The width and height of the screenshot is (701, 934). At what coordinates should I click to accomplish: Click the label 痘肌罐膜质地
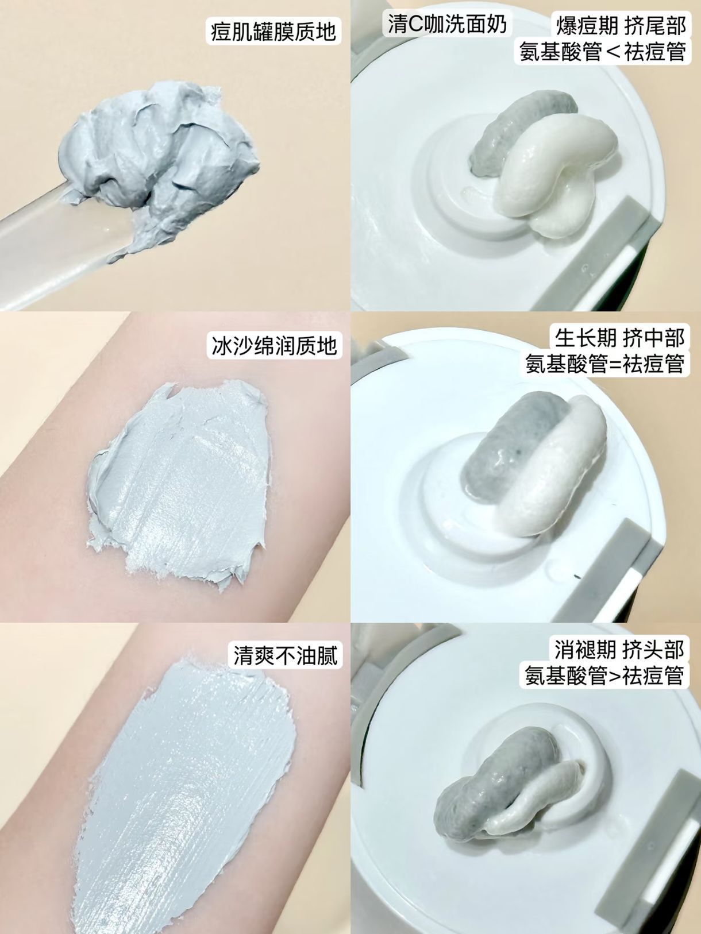(x=274, y=30)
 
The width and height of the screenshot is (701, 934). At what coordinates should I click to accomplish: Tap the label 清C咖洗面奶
(x=448, y=24)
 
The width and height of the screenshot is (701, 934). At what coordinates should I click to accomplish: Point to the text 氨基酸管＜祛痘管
(x=603, y=52)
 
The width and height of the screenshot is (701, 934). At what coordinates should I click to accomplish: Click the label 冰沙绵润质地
(x=274, y=346)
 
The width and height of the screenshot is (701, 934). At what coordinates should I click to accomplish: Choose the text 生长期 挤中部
(x=619, y=338)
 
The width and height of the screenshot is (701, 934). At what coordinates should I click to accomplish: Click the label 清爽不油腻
(x=286, y=655)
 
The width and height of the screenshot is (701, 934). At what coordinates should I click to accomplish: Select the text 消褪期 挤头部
(x=619, y=650)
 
